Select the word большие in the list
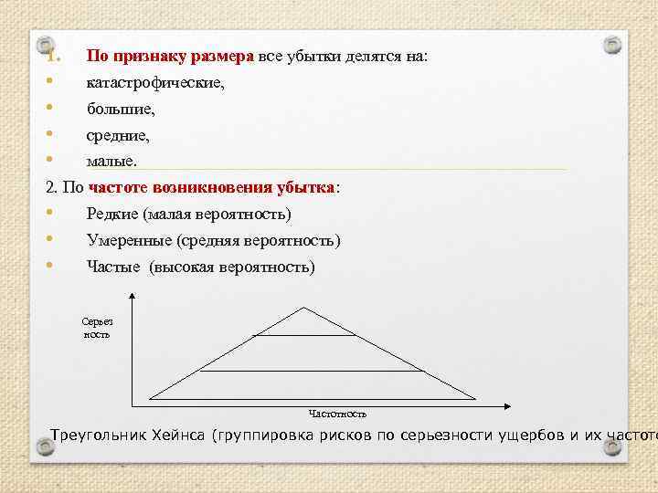click(122, 110)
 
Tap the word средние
click(118, 136)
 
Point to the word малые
click(111, 162)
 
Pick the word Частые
click(113, 267)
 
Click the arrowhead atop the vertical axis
click(133, 295)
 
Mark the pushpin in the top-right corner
click(613, 44)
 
